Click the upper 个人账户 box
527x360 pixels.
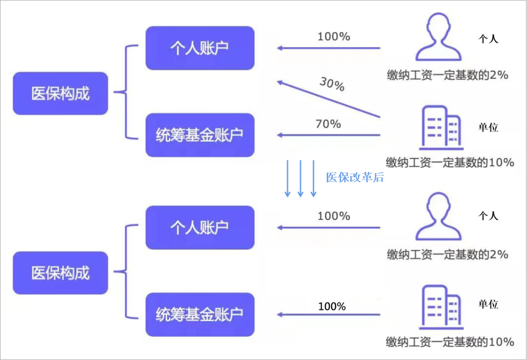[200, 48]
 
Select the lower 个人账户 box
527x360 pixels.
[200, 227]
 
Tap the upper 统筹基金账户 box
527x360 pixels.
[200, 135]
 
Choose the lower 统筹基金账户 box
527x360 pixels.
[200, 315]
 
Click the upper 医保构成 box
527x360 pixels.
[60, 94]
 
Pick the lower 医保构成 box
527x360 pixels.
[60, 273]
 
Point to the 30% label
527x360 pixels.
[332, 84]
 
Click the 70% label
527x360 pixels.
[328, 124]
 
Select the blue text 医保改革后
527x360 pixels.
[355, 178]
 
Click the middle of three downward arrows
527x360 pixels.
[301, 179]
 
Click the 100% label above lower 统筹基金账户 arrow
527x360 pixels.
[332, 306]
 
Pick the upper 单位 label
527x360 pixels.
[488, 127]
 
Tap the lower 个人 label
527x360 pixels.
[488, 216]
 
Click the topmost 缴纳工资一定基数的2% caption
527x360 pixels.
[447, 75]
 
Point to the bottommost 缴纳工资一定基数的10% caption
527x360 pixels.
[450, 341]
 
